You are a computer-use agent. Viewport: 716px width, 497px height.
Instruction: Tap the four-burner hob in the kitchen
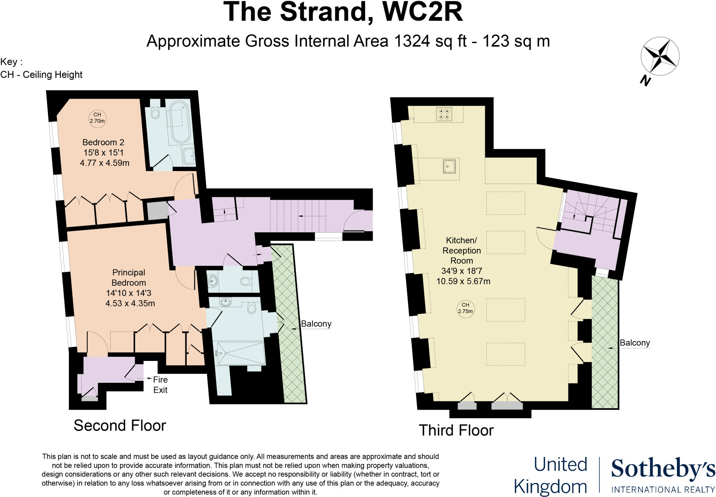[444, 114]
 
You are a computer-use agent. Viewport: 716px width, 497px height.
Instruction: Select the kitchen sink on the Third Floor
[449, 166]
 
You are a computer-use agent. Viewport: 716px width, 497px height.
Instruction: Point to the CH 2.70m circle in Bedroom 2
[97, 118]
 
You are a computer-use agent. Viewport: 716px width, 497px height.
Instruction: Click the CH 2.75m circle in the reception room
[465, 308]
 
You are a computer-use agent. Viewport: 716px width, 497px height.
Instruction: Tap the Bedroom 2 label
[103, 142]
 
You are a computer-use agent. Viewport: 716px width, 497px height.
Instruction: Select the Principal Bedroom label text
[129, 277]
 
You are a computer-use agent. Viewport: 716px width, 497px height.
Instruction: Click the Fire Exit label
[160, 385]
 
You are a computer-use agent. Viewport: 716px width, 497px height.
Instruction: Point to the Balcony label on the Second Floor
[316, 324]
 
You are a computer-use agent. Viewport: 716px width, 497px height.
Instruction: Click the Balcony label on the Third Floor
[635, 343]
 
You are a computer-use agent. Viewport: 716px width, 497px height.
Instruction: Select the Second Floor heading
[120, 426]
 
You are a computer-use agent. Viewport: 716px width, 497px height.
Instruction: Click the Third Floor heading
[456, 430]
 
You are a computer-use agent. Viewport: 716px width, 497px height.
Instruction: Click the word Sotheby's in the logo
[663, 469]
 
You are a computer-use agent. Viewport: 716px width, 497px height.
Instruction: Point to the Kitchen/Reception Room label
[461, 250]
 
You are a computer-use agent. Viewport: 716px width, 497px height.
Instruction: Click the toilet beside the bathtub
[155, 112]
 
